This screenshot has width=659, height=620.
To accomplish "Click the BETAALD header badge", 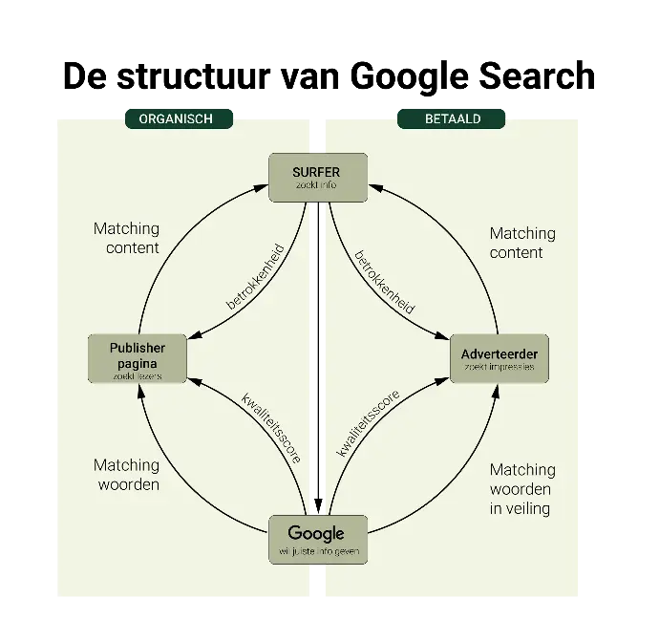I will [x=453, y=118].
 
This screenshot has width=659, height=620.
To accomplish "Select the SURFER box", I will [x=316, y=177].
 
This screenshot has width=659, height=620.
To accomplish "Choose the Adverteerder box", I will [x=499, y=359].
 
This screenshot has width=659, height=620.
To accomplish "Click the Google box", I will [x=316, y=540].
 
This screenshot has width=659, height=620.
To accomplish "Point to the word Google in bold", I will [x=316, y=533].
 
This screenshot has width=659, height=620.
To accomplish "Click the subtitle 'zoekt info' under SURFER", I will [x=316, y=185].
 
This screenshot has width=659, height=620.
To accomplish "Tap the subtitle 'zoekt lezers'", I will [x=138, y=375].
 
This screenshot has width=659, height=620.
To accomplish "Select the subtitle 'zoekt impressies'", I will [x=499, y=367].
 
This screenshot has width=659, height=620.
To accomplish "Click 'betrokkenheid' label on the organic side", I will [x=256, y=275].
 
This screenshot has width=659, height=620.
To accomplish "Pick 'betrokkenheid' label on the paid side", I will [x=384, y=282].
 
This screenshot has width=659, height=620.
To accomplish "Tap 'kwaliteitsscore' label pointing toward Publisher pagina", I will [x=271, y=428].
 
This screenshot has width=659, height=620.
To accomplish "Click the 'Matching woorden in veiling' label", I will [x=521, y=489].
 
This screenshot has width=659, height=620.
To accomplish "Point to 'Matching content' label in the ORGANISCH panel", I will [x=126, y=239].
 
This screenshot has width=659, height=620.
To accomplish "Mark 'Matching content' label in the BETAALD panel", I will [x=521, y=243].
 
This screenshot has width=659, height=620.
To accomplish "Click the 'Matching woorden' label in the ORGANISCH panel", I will [x=126, y=475].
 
